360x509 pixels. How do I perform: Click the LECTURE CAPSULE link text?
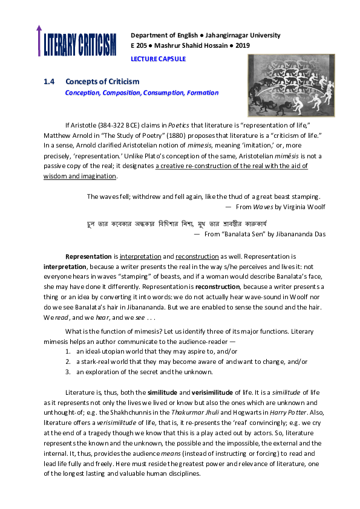coord(159,59)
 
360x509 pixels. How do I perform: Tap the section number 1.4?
coord(50,82)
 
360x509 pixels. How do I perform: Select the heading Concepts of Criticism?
coord(102,82)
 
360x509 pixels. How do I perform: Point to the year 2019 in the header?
coord(242,45)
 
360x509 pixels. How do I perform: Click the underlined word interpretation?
coord(138,256)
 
